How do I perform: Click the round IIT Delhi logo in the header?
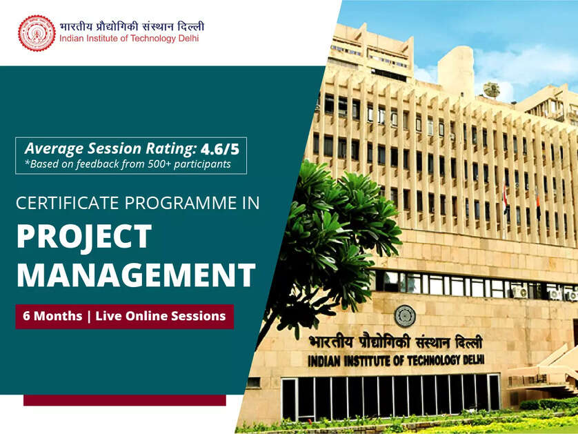pyautogui.click(x=36, y=33)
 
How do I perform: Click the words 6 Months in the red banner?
pyautogui.click(x=52, y=316)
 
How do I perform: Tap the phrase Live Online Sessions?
pyautogui.click(x=161, y=316)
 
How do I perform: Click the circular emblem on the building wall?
pyautogui.click(x=405, y=315)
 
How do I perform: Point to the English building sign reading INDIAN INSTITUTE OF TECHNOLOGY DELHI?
pyautogui.click(x=396, y=360)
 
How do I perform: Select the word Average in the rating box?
pyautogui.click(x=53, y=148)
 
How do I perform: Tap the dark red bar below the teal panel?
pyautogui.click(x=125, y=400)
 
